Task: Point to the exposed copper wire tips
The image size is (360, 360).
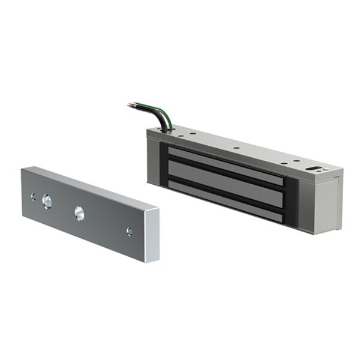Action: click(131, 106)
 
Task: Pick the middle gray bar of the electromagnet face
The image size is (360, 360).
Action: click(225, 178)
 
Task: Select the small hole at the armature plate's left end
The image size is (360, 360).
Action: click(34, 196)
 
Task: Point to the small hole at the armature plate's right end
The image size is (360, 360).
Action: click(129, 230)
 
